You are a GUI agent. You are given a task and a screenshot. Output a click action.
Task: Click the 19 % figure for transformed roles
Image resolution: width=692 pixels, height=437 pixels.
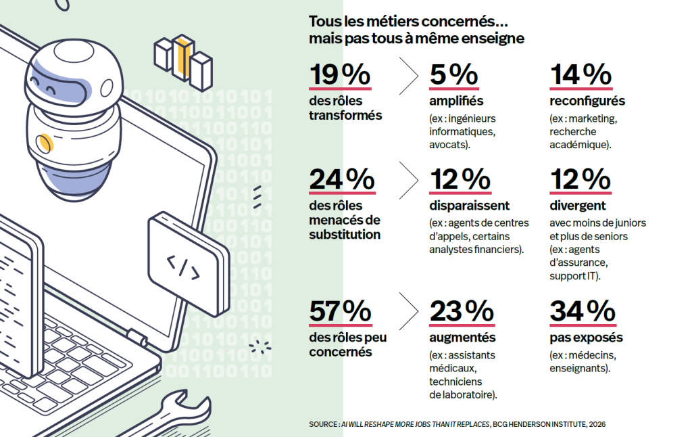point(340,74)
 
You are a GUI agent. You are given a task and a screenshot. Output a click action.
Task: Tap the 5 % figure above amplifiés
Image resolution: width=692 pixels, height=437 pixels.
point(453,74)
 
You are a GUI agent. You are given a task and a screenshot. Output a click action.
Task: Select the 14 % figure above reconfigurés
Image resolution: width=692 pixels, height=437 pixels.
point(580,74)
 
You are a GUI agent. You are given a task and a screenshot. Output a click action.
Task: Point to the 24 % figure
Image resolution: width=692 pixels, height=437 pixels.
point(342,179)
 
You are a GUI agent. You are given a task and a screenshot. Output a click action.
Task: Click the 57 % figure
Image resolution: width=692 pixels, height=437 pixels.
point(341,311)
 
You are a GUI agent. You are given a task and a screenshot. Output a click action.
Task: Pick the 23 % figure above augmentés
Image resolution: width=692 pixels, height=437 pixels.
point(462,311)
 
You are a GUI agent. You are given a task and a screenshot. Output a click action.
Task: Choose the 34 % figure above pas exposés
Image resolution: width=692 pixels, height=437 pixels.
point(583,311)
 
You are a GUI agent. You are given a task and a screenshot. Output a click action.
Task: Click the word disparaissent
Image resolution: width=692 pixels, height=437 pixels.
point(469,206)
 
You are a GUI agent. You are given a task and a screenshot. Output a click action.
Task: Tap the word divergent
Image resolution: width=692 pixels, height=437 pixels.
point(578,206)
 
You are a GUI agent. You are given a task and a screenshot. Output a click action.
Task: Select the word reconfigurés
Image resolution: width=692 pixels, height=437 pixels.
point(587,101)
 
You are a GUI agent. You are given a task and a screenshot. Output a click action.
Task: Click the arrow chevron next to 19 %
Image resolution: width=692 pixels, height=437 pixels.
point(409,76)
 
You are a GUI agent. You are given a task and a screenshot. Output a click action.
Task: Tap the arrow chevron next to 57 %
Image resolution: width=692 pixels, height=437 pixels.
point(409,311)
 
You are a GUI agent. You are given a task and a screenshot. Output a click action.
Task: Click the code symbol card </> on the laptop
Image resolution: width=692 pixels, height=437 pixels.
point(189,264)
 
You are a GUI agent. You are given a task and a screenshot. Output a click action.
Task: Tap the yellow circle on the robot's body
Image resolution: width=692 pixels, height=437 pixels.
point(45,143)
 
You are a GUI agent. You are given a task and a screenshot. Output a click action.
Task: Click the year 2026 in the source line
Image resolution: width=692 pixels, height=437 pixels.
point(597,424)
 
